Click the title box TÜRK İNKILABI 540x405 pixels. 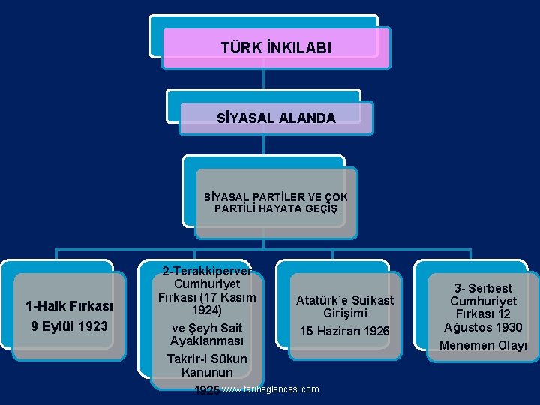click(276, 48)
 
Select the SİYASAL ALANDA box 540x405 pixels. click(276, 118)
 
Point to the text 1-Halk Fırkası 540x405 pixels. click(69, 306)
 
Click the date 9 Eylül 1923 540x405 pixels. click(69, 325)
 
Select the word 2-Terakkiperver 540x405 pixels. click(206, 270)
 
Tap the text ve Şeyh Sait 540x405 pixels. click(206, 328)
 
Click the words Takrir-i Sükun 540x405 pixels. click(206, 358)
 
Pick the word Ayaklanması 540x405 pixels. click(206, 341)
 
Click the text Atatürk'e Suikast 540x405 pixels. click(345, 300)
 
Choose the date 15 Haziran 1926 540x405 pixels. click(345, 331)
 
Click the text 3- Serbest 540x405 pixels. click(484, 288)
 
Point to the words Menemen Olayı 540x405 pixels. click(484, 345)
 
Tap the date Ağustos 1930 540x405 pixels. click(484, 327)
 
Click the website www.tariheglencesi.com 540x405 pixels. click(271, 389)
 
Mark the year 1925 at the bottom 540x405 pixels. click(207, 390)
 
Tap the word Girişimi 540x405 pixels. click(345, 313)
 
